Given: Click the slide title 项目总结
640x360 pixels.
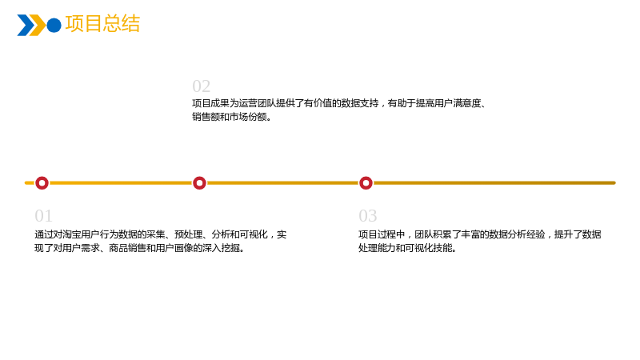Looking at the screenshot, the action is pos(102,24).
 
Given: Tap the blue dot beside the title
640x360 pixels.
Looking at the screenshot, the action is pos(54,26).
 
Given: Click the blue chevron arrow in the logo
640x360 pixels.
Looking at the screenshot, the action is pos(26,26).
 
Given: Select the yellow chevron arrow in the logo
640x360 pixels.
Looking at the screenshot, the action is pos(38,26).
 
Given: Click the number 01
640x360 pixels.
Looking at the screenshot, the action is pos(43,215).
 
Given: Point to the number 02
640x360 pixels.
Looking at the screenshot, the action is pos(202,86).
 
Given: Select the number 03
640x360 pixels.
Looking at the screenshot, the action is pos(368,215).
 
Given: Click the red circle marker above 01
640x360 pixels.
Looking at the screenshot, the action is pos(42,183).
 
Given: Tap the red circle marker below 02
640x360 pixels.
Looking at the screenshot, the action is pos(199,183).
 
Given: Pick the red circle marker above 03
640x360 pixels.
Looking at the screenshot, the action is pos(366,183).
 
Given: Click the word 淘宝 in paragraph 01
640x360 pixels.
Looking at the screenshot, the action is pos(71,234).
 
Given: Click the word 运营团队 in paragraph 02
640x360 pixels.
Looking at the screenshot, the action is pos(257,103).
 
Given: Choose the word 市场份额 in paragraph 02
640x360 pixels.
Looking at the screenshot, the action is pos(248,117).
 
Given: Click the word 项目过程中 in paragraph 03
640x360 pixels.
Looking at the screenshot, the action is pos(382,234).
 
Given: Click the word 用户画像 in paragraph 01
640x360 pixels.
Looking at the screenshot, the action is pos(174,248).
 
